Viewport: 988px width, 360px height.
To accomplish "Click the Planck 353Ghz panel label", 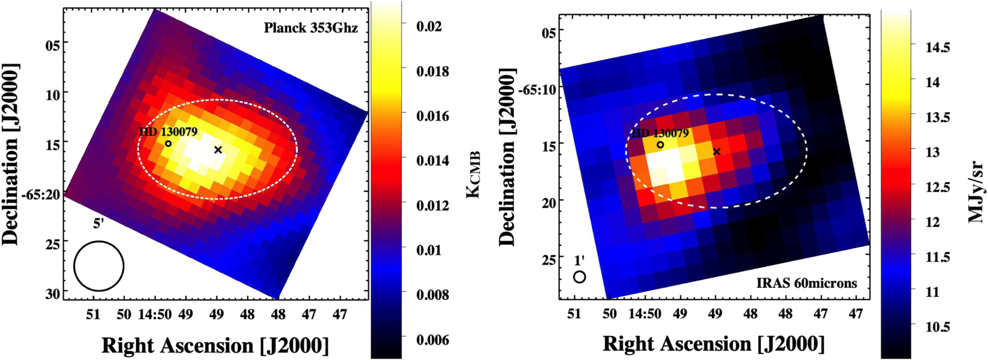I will (311, 28).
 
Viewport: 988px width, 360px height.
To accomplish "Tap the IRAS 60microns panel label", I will (806, 283).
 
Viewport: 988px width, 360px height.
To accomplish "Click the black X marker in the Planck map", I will (218, 150).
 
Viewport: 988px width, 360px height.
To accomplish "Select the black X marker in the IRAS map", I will (717, 152).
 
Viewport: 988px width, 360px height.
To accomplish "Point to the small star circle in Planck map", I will (168, 144).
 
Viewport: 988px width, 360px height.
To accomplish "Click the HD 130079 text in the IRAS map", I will (660, 133).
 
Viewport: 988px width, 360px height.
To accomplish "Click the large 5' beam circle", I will (99, 266).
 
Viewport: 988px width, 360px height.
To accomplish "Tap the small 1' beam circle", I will (579, 277).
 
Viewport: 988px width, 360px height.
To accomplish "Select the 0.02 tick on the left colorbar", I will (429, 26).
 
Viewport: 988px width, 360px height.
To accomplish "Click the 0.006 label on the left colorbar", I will (432, 340).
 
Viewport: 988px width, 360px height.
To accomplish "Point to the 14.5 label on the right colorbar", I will (937, 47).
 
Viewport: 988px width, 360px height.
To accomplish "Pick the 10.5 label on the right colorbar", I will (937, 327).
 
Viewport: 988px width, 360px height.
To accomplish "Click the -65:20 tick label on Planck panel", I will (40, 194).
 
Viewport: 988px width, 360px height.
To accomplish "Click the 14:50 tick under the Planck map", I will (155, 315).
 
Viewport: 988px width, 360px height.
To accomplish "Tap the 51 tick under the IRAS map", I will (574, 314).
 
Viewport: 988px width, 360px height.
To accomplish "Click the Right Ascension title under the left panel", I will (215, 346).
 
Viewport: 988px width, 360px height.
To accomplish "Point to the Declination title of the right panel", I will (507, 157).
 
